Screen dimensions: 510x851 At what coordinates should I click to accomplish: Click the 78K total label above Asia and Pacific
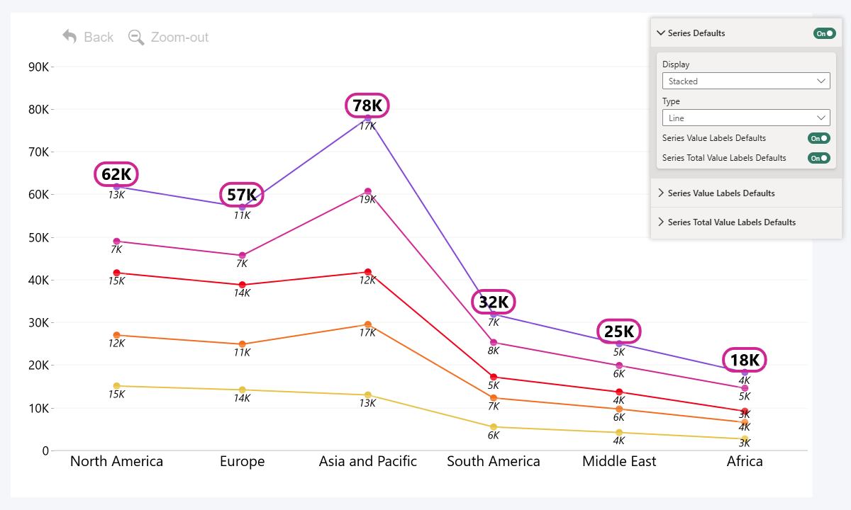[x=367, y=106]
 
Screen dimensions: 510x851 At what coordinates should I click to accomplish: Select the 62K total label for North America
[x=116, y=174]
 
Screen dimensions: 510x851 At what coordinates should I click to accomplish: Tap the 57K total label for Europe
[x=242, y=195]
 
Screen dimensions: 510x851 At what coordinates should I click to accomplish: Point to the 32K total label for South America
[x=494, y=302]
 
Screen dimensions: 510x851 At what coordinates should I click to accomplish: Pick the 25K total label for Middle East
[x=618, y=331]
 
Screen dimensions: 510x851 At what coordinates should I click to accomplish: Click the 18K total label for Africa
[x=745, y=360]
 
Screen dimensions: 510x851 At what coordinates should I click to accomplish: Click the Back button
[x=88, y=37]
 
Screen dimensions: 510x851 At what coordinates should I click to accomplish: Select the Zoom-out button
[x=169, y=37]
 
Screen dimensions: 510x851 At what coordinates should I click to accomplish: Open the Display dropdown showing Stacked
[x=746, y=81]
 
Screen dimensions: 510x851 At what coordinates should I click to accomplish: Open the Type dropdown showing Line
[x=746, y=118]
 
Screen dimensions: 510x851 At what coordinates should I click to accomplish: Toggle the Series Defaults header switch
[x=824, y=33]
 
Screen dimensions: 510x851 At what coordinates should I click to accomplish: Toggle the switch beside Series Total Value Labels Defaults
[x=818, y=158]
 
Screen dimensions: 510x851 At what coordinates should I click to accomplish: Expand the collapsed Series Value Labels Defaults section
[x=721, y=193]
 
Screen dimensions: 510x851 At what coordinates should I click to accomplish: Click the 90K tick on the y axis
[x=38, y=67]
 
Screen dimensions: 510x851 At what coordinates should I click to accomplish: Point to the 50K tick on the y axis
[x=38, y=237]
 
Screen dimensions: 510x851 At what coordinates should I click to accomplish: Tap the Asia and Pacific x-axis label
[x=367, y=461]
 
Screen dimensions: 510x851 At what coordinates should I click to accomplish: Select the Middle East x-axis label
[x=619, y=461]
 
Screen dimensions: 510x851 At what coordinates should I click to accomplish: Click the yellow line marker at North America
[x=116, y=386]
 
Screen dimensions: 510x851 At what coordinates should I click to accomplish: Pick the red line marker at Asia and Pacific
[x=367, y=272]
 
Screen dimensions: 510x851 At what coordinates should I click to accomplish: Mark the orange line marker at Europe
[x=242, y=344]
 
